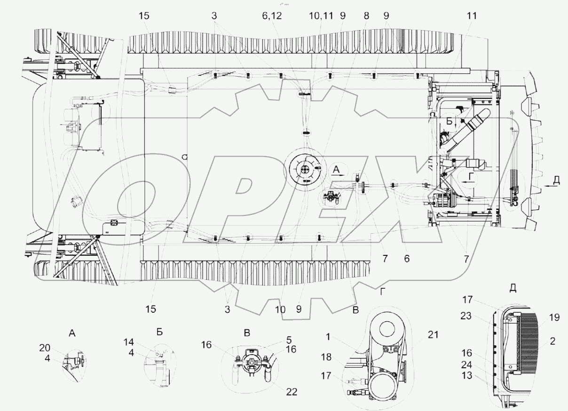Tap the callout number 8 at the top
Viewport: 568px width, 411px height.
pyautogui.click(x=367, y=16)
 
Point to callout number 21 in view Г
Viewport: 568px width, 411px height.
pyautogui.click(x=433, y=334)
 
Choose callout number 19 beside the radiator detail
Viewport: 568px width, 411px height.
pyautogui.click(x=554, y=318)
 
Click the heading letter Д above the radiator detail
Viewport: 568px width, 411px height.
pyautogui.click(x=513, y=288)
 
